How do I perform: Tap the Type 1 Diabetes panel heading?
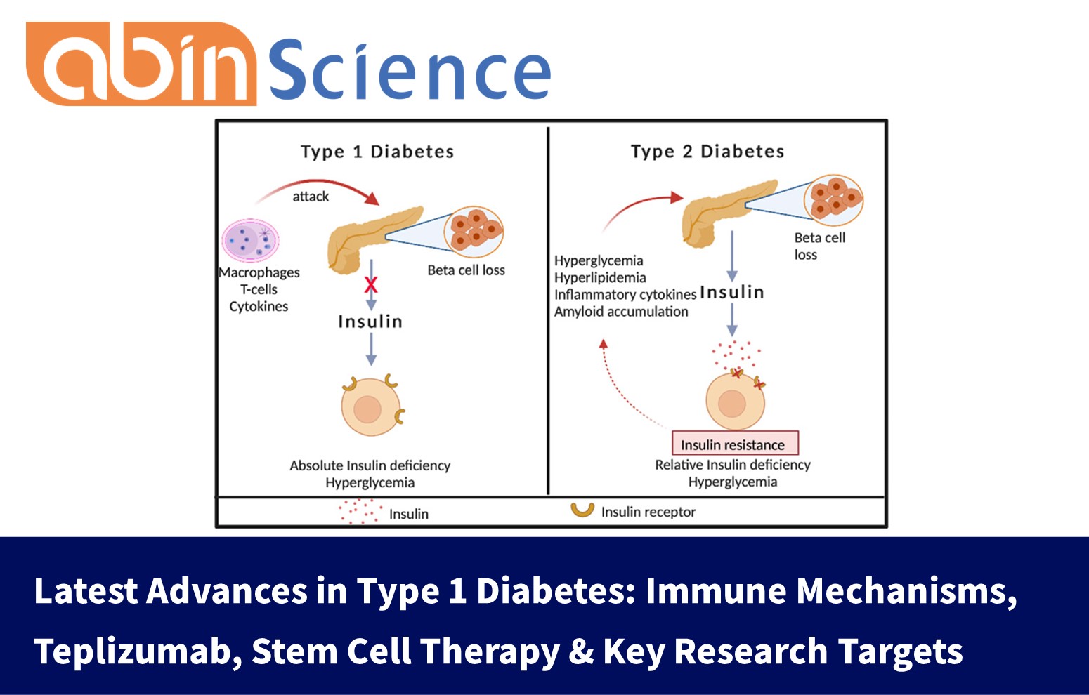(377, 152)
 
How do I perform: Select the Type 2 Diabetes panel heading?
(707, 152)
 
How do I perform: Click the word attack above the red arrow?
(311, 197)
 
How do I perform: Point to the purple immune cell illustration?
(251, 241)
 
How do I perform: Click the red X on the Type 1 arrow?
(371, 284)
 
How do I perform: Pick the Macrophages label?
(259, 272)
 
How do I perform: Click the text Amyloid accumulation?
(621, 312)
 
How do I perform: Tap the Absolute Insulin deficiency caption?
(370, 465)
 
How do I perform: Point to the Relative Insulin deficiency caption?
(732, 465)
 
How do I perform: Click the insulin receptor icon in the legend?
(582, 510)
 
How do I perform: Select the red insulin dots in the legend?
(360, 511)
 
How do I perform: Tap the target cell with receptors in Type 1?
(370, 407)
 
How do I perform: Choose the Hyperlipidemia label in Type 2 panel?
(600, 278)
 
